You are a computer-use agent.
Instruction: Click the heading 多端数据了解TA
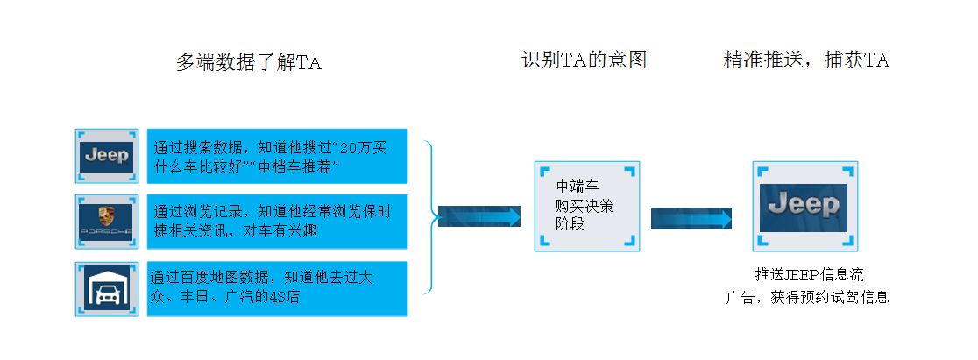[249, 62]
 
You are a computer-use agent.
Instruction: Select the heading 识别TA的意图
[584, 60]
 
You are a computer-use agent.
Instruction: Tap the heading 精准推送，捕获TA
[806, 60]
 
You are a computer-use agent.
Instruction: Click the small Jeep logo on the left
[106, 156]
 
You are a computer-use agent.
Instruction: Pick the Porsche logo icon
[106, 222]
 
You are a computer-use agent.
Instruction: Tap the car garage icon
[106, 288]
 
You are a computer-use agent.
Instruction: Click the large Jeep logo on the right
[803, 206]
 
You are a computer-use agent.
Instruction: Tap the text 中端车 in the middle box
[578, 187]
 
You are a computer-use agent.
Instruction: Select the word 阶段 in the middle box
[570, 224]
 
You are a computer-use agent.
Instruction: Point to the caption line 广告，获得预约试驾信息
[808, 297]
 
